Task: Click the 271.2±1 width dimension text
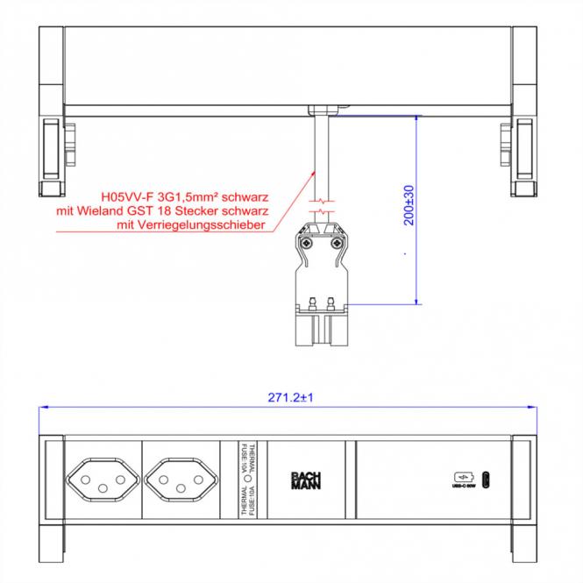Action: (292, 397)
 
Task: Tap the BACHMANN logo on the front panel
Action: (301, 481)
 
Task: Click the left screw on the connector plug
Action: (309, 243)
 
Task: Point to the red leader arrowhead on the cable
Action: (314, 172)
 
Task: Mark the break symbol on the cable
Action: (322, 210)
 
